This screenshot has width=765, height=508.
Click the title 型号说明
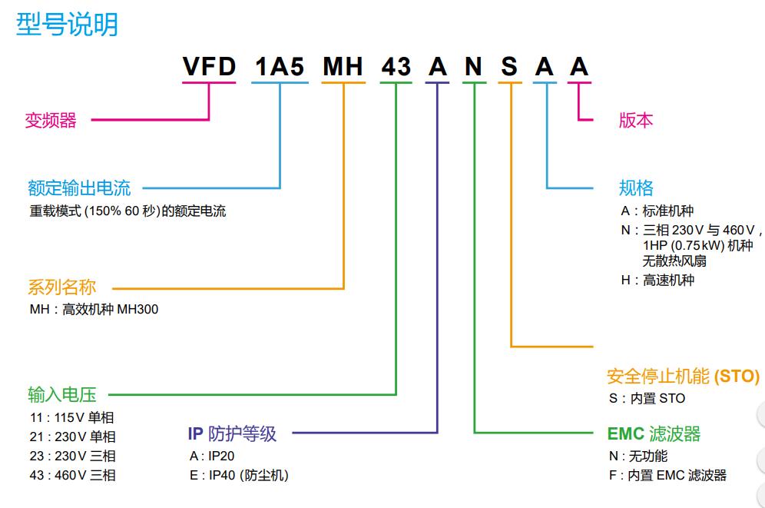point(68,25)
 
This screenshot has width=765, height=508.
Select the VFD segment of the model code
point(209,68)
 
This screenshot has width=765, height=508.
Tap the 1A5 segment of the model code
point(280,68)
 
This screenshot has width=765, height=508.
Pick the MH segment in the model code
point(343,68)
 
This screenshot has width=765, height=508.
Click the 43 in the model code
point(396,68)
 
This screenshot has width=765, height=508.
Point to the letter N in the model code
point(473,68)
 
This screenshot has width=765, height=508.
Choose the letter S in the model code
point(509,68)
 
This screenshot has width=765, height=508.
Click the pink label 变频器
point(51,121)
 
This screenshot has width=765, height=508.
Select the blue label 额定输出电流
point(79,188)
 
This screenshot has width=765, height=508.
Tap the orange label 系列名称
point(61,288)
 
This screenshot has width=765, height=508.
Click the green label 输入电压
point(61,395)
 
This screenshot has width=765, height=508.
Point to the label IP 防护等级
point(232,434)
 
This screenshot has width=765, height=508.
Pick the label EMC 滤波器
point(654,434)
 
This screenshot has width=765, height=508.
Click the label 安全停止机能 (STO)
point(683,377)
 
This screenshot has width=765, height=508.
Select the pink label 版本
point(636,121)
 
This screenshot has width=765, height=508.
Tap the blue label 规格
point(636,188)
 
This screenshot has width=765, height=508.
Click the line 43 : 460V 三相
point(72,475)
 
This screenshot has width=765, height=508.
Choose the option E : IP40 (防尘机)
point(239,475)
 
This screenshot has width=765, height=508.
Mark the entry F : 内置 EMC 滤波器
point(667,475)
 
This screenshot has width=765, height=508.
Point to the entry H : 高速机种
point(657,280)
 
